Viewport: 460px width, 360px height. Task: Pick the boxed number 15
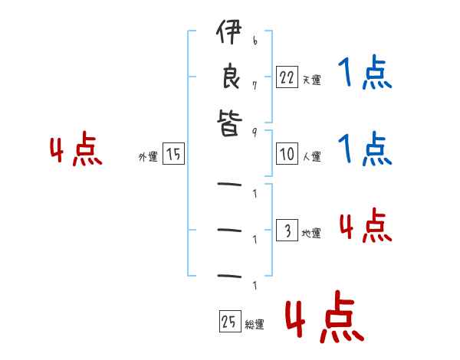174,154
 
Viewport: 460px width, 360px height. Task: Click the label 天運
311,80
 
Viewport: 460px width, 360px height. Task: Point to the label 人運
311,156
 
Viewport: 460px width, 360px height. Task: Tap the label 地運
311,233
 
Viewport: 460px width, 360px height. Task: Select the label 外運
147,156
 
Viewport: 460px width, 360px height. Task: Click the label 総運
255,324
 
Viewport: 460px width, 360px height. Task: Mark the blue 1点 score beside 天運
365,74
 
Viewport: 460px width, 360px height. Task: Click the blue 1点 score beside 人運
365,149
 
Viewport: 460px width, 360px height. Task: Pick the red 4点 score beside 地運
365,226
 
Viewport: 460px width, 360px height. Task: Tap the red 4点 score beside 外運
75,150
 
